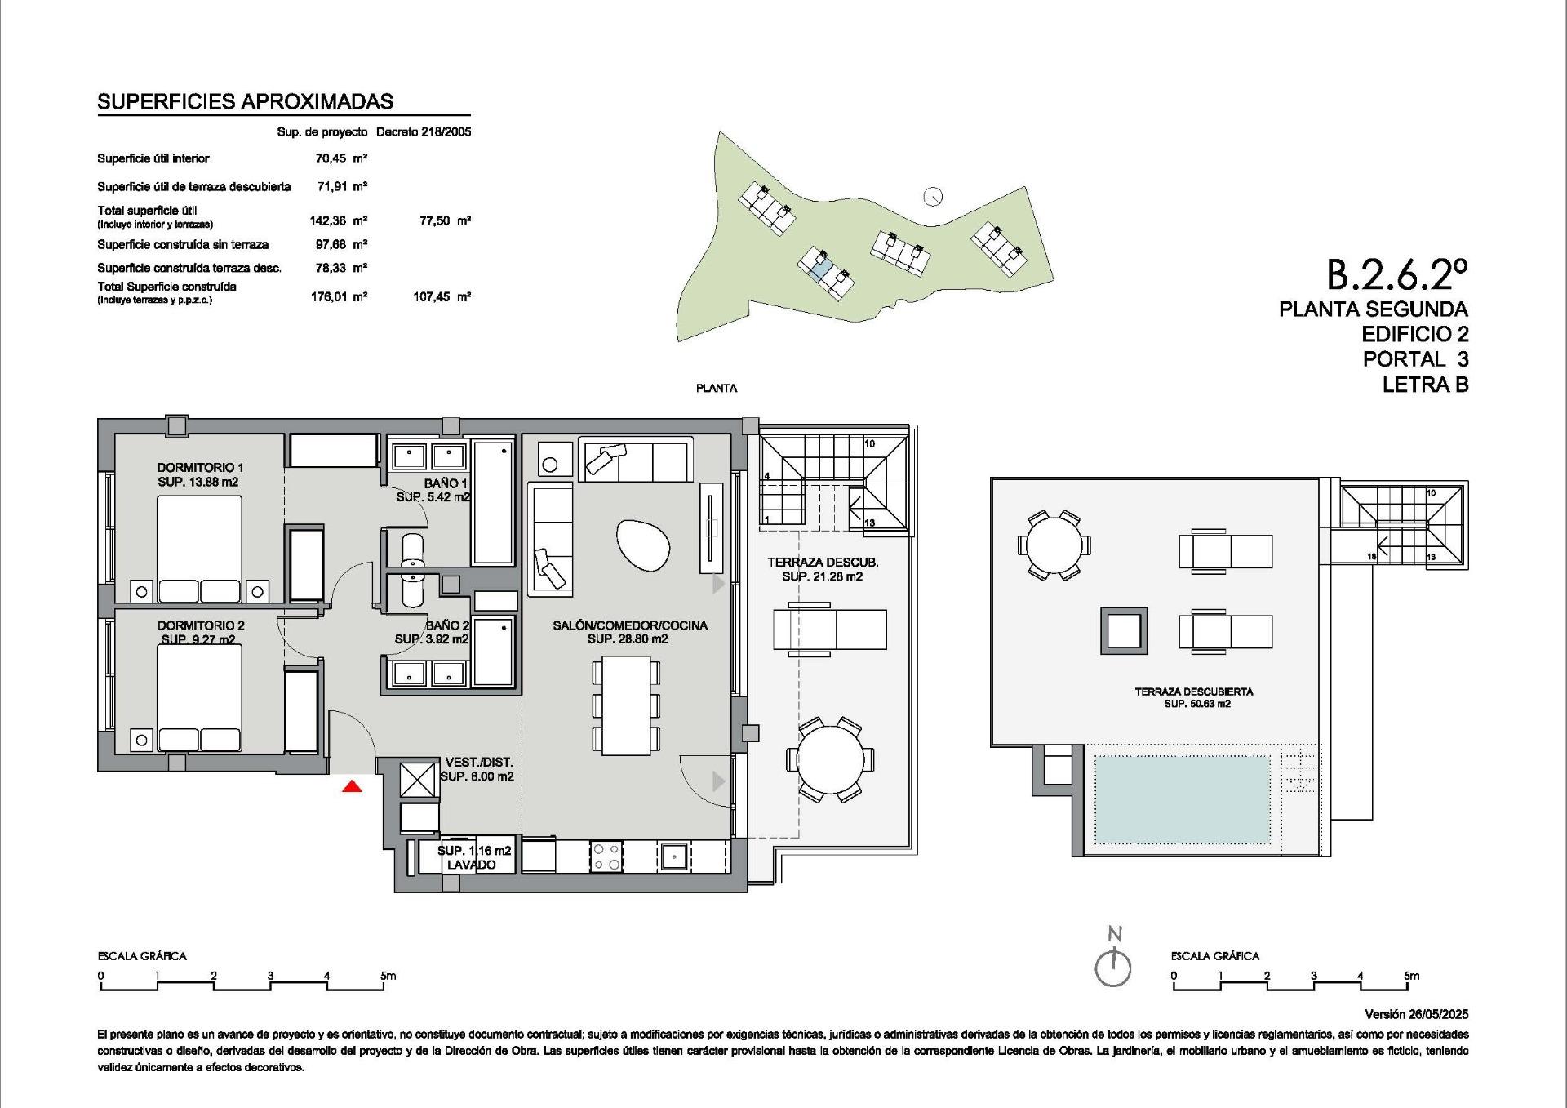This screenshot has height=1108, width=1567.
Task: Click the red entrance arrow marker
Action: pos(352,786)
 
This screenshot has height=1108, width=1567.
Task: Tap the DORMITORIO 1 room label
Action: pos(200,468)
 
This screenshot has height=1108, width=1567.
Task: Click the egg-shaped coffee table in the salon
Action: pos(642,545)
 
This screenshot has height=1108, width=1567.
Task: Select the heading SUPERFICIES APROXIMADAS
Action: pos(245,102)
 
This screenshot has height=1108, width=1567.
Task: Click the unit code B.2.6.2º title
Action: pos(1396,275)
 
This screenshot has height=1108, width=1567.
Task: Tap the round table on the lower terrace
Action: pos(830,759)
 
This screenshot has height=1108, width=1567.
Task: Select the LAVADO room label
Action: pos(471,865)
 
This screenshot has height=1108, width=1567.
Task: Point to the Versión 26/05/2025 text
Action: pos(1416,1014)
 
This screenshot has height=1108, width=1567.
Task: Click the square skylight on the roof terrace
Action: pos(1124,630)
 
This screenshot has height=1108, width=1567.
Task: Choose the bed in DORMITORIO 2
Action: pos(200,696)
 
